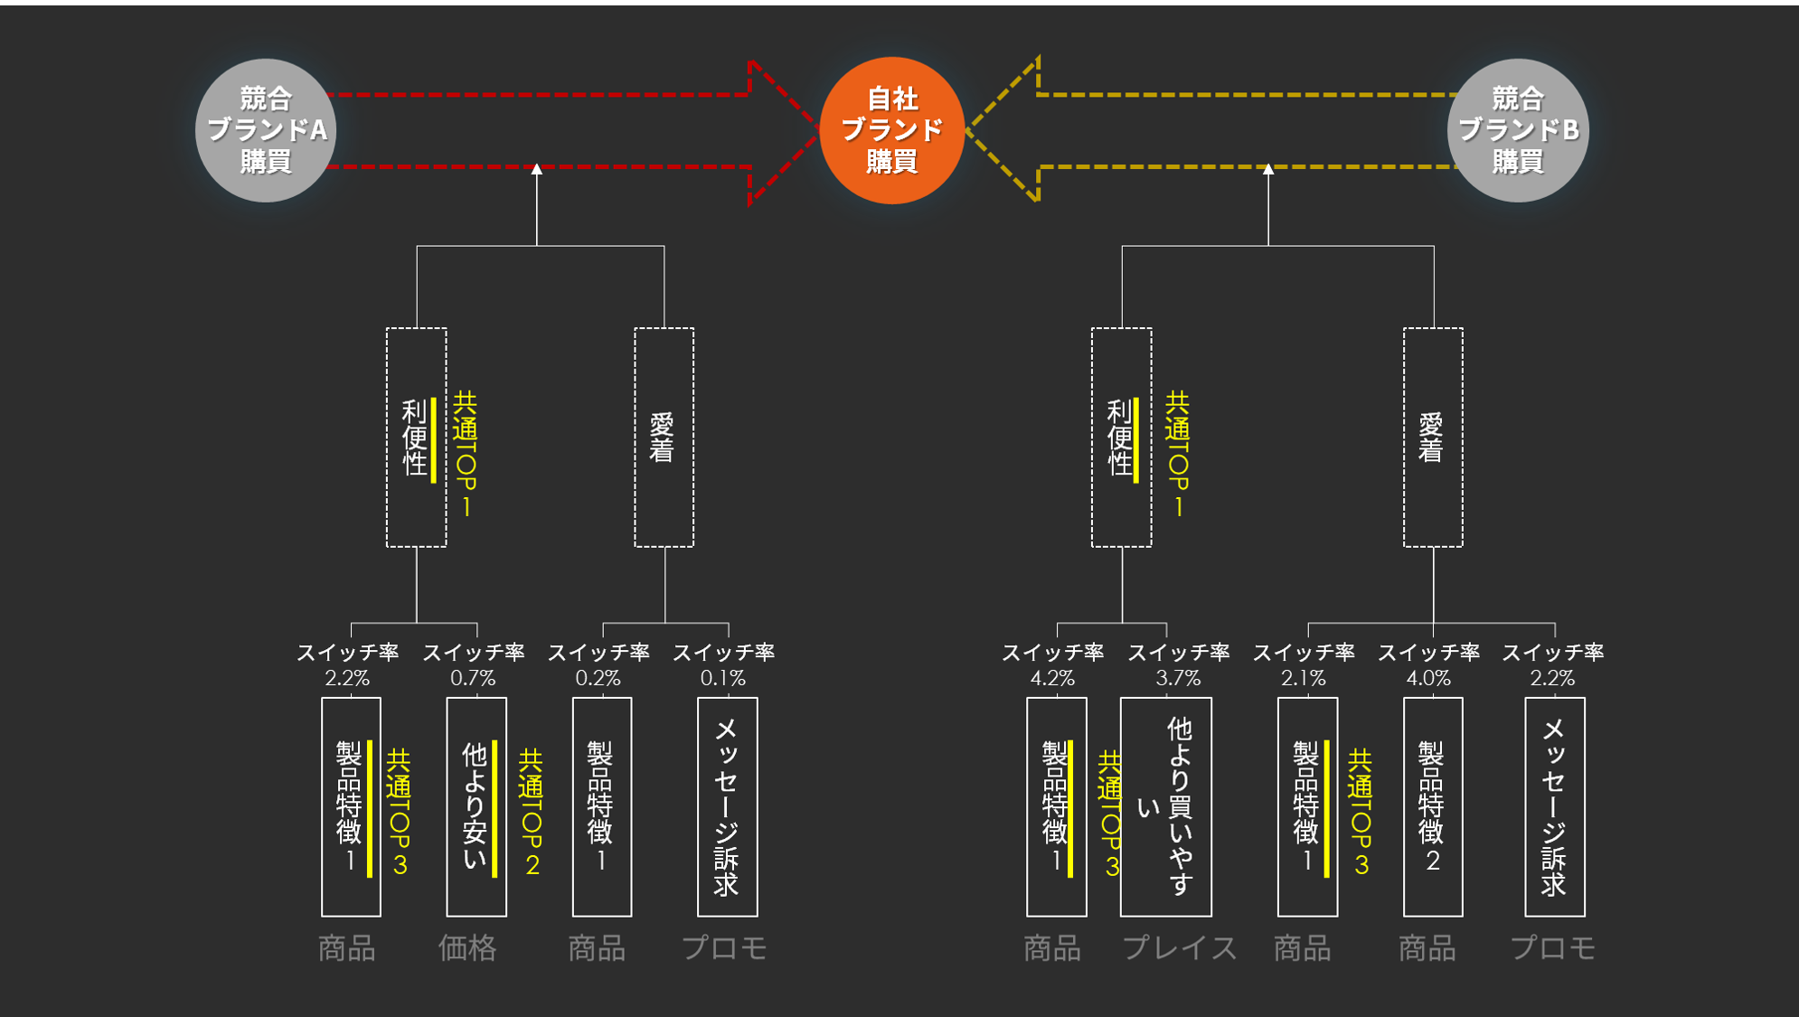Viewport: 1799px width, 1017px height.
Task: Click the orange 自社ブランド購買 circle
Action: [x=891, y=130]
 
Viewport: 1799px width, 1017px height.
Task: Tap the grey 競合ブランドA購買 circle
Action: [x=266, y=130]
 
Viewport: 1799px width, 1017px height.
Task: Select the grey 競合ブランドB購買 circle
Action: [x=1518, y=130]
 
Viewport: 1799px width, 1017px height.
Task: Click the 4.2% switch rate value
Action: [x=1052, y=678]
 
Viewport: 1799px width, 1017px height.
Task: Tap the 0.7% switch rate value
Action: [x=473, y=678]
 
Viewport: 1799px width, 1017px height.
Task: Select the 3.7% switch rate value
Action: [x=1178, y=678]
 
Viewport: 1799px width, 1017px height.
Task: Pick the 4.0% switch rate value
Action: [x=1428, y=678]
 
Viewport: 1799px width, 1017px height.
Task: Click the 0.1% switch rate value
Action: [x=723, y=678]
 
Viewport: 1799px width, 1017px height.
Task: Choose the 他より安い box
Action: [x=476, y=806]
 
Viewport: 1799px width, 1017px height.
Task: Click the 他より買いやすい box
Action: [x=1165, y=806]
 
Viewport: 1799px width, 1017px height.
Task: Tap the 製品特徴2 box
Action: [x=1432, y=806]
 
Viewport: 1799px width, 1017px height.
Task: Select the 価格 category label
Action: [x=467, y=948]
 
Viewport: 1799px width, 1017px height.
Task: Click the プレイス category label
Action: [x=1179, y=948]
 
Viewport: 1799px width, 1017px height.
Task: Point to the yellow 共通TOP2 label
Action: [x=532, y=812]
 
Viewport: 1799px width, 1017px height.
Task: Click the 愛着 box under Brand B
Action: [x=1432, y=438]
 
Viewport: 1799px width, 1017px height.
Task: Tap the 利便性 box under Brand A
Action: [x=416, y=438]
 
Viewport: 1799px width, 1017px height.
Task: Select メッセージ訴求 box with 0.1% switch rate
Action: [x=727, y=806]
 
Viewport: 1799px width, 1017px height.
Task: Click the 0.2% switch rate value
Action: [x=598, y=678]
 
